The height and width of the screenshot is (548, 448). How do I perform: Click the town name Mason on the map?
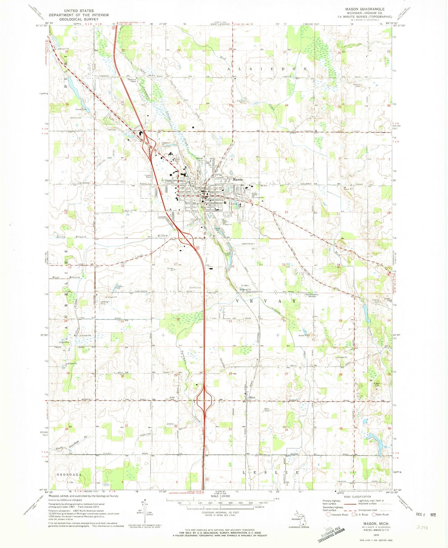238,179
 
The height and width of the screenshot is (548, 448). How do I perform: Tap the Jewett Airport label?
248,244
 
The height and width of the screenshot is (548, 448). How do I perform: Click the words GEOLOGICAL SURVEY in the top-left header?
79,19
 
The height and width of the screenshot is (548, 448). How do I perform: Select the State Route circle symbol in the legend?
375,515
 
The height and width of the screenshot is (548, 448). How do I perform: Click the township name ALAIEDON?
268,69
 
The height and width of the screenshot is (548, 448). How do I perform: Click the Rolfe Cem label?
173,398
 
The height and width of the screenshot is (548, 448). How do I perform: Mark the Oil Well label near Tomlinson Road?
245,286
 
